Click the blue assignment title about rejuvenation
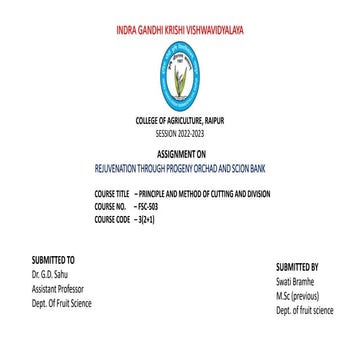pos(180,157)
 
